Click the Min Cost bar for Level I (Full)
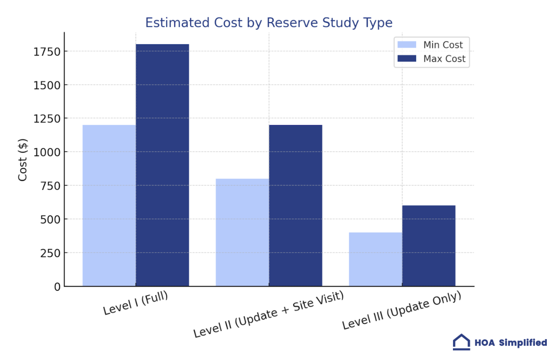pos(109,205)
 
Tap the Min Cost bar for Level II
pos(242,232)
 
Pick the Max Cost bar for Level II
pos(296,205)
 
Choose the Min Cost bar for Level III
pos(375,259)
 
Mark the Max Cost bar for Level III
pos(429,246)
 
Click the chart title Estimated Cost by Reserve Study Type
pos(269,23)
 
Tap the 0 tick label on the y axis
pos(57,287)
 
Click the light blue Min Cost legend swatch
pos(406,45)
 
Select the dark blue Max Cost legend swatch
pos(406,58)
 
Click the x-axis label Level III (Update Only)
pos(402,311)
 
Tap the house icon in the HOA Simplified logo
pos(461,342)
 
